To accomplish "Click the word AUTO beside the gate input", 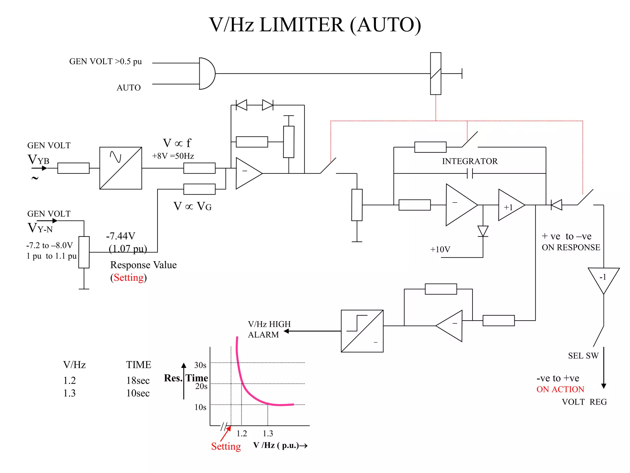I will [x=129, y=88].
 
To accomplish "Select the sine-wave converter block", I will [x=121, y=168].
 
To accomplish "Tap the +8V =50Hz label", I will [x=173, y=156].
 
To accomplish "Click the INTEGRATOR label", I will [x=469, y=161].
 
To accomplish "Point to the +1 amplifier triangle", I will [x=510, y=205].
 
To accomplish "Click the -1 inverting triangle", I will [x=603, y=279].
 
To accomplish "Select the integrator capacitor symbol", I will [x=470, y=174].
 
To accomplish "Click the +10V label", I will [x=440, y=249].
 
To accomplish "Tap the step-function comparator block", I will [x=362, y=331].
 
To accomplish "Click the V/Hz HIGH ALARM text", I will [x=269, y=329].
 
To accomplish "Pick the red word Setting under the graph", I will [x=226, y=446].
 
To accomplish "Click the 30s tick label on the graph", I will [x=200, y=365].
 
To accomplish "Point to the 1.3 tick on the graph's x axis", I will [x=268, y=433].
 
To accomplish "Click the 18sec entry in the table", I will [x=138, y=381].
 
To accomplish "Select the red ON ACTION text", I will [x=560, y=390].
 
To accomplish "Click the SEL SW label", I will [x=583, y=356].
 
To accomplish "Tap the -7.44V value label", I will [x=121, y=236].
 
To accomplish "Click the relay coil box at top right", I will [x=436, y=74].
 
